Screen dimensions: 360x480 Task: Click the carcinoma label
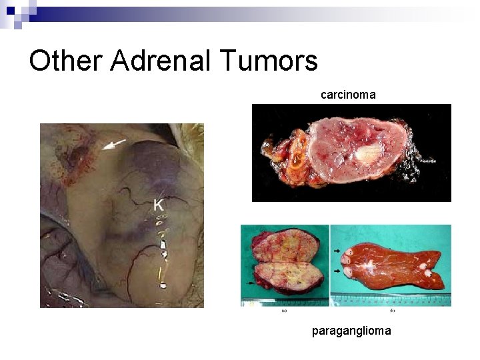(348, 95)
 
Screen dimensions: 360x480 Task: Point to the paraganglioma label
(351, 330)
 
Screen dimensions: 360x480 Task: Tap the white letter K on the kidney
(158, 205)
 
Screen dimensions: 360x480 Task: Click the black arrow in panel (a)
(249, 283)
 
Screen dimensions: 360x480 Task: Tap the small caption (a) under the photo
(285, 310)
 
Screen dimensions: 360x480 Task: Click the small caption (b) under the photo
(391, 310)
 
